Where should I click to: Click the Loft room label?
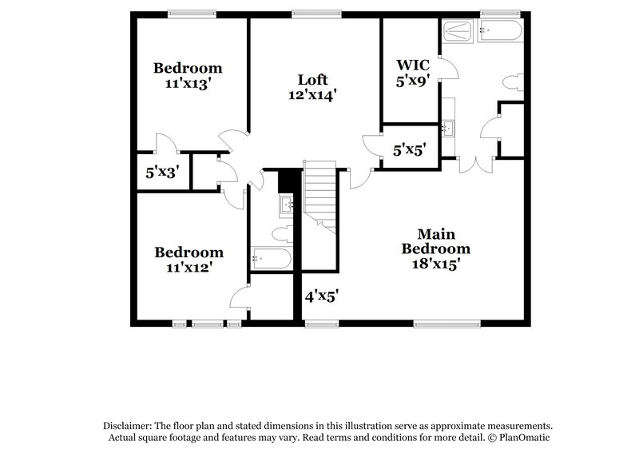(x=313, y=80)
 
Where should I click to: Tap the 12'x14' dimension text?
(x=313, y=95)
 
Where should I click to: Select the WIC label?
(x=413, y=65)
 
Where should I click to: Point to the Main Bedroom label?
(x=437, y=241)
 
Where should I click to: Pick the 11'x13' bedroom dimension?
(x=188, y=82)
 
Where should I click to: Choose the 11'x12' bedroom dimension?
(x=188, y=268)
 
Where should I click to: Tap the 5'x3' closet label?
(x=161, y=172)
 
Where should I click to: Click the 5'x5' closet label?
(x=409, y=148)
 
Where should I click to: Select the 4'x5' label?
(x=321, y=296)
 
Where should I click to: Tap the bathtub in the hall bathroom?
(x=271, y=258)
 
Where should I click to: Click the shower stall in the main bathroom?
(x=457, y=32)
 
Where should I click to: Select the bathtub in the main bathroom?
(x=500, y=32)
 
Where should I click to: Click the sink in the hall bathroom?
(x=288, y=205)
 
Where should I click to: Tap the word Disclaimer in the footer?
(x=129, y=426)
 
